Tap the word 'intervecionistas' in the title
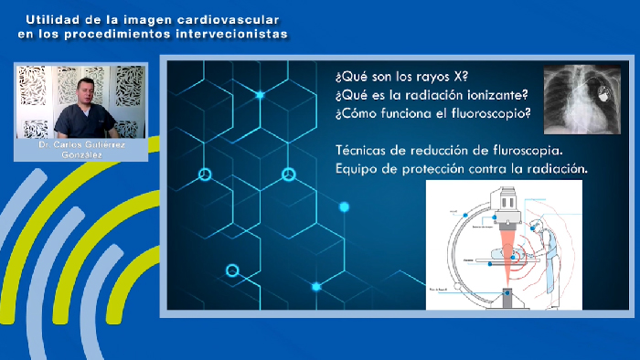(x=235, y=34)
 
